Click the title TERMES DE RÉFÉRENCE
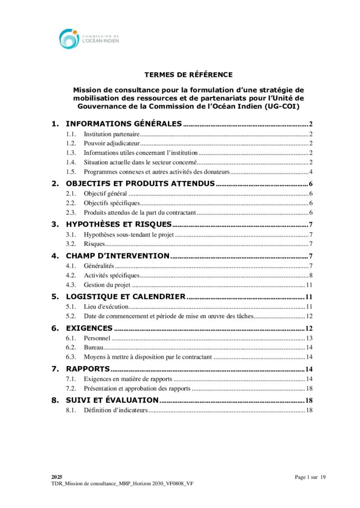pyautogui.click(x=188, y=75)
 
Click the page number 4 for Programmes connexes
pyautogui.click(x=310, y=172)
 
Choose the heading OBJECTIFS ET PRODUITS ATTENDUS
pyautogui.click(x=140, y=184)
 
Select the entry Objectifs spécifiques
pyautogui.click(x=112, y=203)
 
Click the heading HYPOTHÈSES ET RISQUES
pyautogui.click(x=119, y=224)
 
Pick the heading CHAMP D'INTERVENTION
pyautogui.click(x=118, y=256)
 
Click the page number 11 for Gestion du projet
pyautogui.click(x=308, y=285)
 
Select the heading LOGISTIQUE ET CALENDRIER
pyautogui.click(x=126, y=297)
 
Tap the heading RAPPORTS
pyautogui.click(x=88, y=370)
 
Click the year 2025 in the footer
pyautogui.click(x=57, y=476)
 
